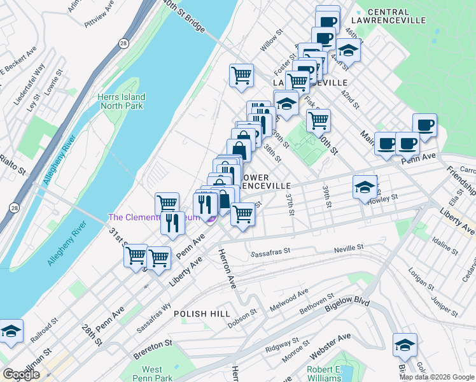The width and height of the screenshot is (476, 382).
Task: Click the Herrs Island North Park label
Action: [x=121, y=101]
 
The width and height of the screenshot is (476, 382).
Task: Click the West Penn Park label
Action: [x=152, y=373]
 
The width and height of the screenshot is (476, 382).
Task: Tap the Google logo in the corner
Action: [x=21, y=374]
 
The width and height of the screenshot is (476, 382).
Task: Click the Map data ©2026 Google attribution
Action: [x=437, y=377]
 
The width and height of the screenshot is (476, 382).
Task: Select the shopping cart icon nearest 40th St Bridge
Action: [x=241, y=75]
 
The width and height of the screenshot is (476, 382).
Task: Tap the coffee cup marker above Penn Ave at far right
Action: [x=424, y=124]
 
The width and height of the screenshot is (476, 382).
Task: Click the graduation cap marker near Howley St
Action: [x=365, y=187]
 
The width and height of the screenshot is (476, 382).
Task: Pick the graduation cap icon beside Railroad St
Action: [x=11, y=331]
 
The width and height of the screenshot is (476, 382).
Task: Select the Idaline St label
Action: [x=443, y=243]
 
